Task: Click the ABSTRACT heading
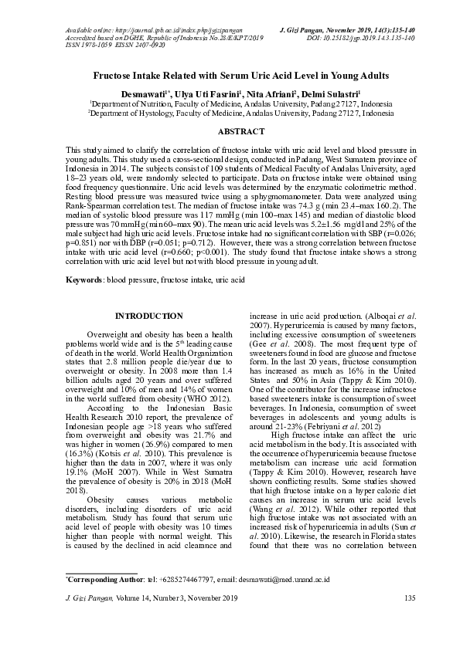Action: pyautogui.click(x=230, y=132)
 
